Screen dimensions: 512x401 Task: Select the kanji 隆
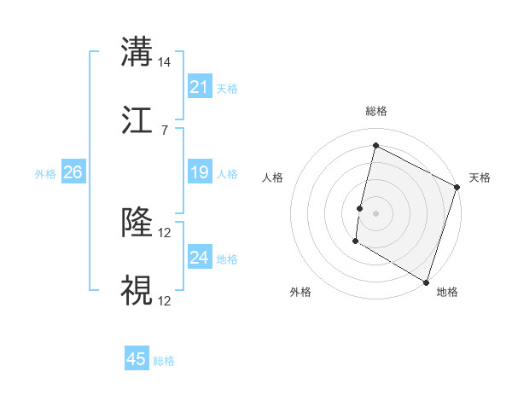click(137, 224)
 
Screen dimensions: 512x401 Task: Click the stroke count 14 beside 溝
click(165, 62)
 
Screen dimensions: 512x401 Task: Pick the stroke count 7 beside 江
click(164, 130)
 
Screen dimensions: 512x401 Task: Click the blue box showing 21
click(199, 86)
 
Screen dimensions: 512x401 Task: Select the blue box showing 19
click(199, 172)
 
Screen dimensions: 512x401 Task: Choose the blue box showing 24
click(199, 258)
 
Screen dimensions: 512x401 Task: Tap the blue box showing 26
click(73, 172)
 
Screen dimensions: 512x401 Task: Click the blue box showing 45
click(137, 359)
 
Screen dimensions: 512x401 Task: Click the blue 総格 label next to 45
click(164, 361)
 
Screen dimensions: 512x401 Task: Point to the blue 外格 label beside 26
click(45, 174)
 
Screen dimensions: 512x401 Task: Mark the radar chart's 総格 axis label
click(375, 111)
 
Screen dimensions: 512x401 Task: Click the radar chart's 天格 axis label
click(480, 177)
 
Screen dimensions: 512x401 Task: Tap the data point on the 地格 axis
click(426, 282)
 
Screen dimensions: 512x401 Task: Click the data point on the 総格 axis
click(375, 146)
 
